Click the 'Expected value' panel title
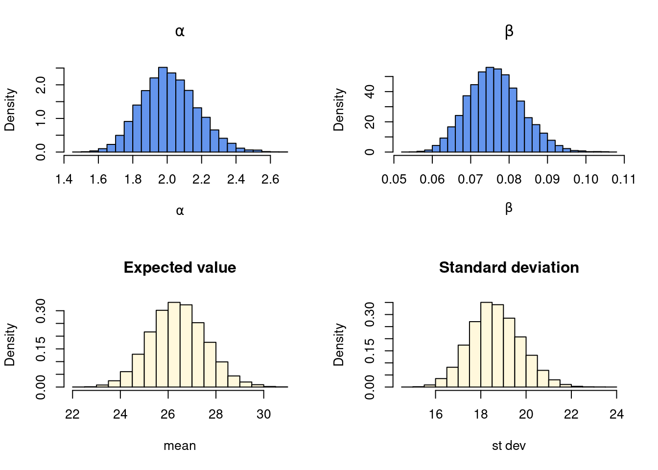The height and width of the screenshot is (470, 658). click(x=180, y=267)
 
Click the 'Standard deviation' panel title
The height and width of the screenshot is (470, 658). click(x=509, y=267)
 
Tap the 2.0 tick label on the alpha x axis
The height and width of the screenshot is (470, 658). click(x=167, y=179)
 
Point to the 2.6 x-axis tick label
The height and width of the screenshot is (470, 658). click(x=270, y=179)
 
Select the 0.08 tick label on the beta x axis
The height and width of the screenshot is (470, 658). click(x=509, y=179)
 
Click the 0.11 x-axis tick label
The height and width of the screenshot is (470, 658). click(x=624, y=179)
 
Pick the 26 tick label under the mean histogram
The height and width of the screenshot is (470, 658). click(x=168, y=414)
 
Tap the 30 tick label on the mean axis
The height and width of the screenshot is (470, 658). click(x=263, y=414)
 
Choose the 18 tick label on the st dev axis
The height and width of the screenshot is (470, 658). click(x=481, y=414)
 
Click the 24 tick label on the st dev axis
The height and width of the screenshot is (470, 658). click(x=616, y=414)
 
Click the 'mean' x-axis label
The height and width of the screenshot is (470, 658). click(x=180, y=446)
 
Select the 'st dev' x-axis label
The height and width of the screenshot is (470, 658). click(x=509, y=446)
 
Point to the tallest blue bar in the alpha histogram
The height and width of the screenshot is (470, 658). click(x=163, y=110)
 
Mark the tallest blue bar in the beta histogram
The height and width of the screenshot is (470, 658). click(x=490, y=110)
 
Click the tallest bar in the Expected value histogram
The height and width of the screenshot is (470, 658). click(x=174, y=345)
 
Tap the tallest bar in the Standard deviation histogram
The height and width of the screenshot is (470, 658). click(x=486, y=345)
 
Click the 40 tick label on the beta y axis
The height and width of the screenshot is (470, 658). click(x=371, y=92)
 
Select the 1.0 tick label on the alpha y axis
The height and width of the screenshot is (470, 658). click(x=42, y=118)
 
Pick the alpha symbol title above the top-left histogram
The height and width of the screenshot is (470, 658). click(x=180, y=32)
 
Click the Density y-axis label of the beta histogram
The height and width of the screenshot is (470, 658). click(x=339, y=110)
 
